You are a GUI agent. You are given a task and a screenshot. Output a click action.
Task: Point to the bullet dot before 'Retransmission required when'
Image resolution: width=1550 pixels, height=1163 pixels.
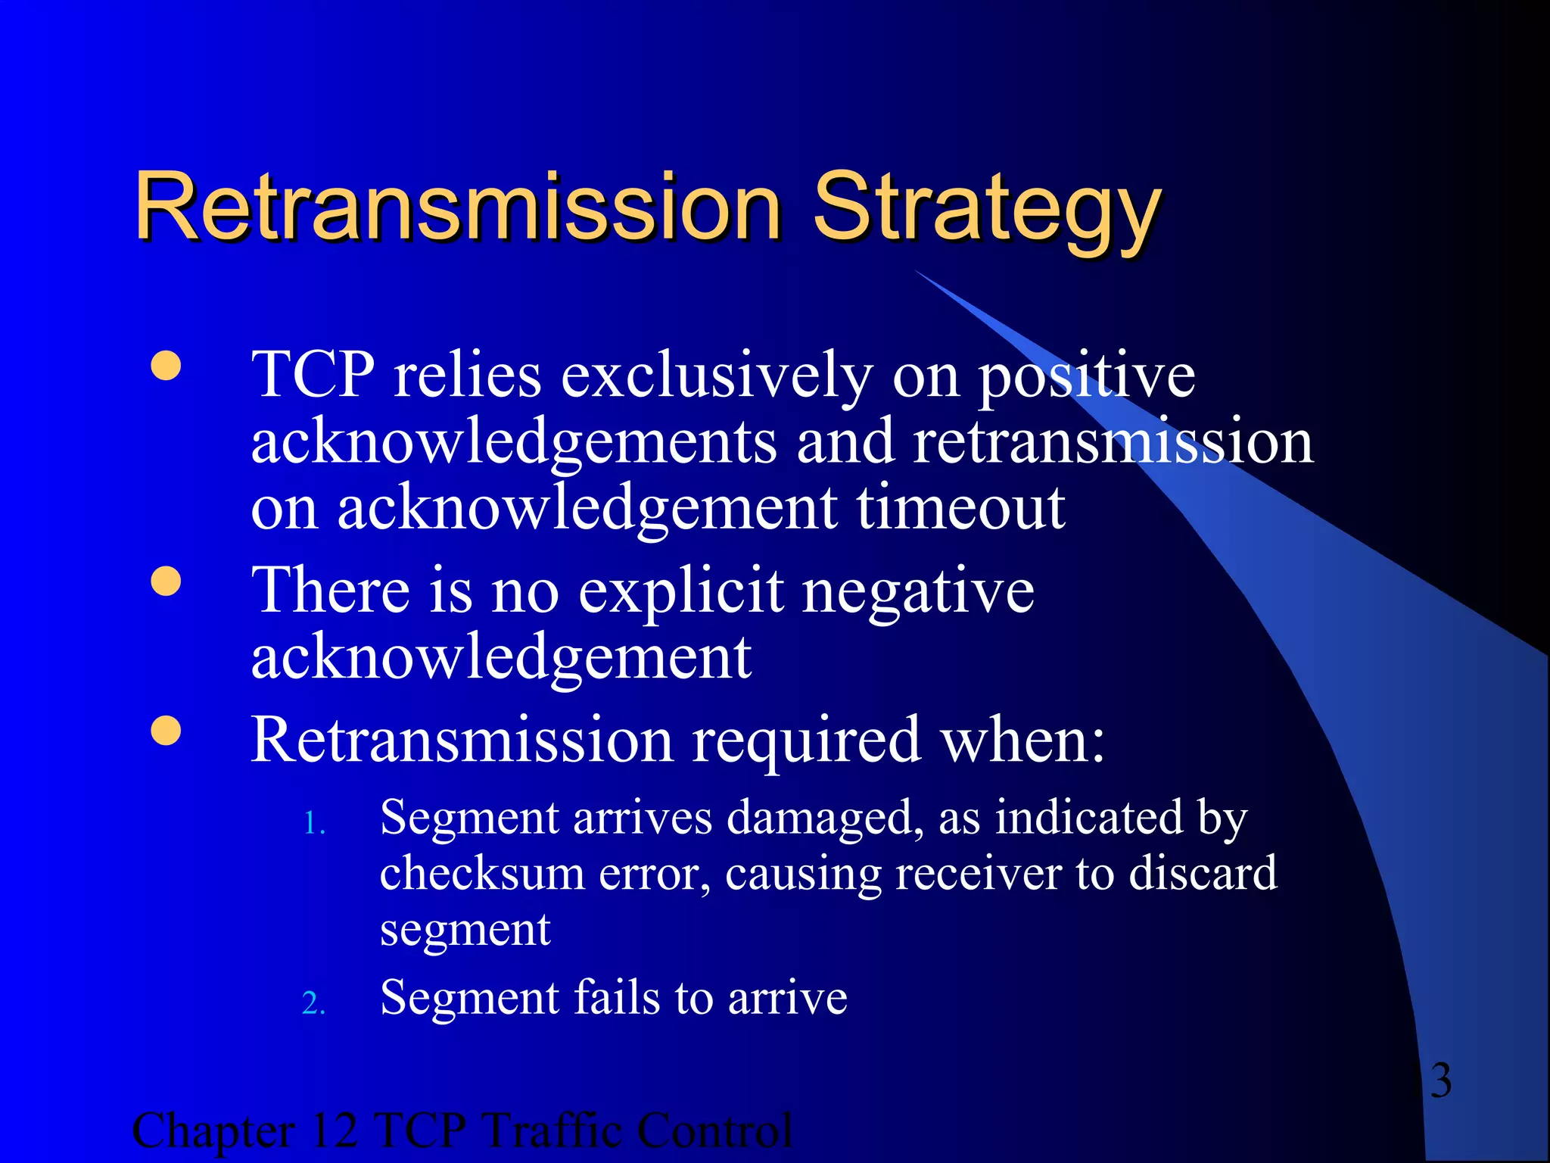coord(166,731)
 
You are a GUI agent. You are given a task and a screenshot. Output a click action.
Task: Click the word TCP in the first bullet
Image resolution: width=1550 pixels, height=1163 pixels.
coord(313,374)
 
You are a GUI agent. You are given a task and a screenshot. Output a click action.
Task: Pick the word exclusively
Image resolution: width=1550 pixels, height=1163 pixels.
coord(716,376)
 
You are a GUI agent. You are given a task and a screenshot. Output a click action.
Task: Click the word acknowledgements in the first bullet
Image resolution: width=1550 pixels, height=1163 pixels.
coord(513,443)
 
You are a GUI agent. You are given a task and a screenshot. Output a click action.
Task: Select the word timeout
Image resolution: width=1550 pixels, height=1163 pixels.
coord(960,507)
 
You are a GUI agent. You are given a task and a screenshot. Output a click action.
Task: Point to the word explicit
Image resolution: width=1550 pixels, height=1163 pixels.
coord(681,592)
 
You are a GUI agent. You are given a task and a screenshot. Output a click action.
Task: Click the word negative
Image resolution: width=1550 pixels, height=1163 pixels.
coord(918,592)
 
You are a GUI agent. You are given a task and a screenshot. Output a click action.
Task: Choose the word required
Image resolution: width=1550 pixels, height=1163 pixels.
coord(806,741)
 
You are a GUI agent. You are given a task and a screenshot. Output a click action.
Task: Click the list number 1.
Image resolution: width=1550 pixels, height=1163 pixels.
coord(313,824)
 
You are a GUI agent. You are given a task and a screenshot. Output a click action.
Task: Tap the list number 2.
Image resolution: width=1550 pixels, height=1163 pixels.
coord(313,1004)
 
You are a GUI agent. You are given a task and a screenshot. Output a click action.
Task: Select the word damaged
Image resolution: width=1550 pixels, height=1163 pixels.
coord(824,819)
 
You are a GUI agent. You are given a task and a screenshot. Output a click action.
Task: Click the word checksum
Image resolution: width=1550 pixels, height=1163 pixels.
coord(482,873)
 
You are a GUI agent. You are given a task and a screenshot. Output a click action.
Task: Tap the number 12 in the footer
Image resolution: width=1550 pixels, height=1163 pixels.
coord(333,1130)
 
